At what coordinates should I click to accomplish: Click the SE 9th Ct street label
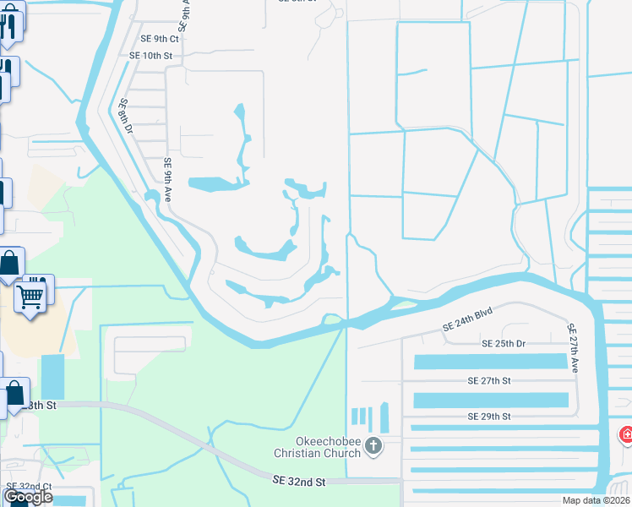click(160, 39)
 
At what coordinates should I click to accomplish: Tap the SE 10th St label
click(150, 56)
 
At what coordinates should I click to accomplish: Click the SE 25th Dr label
click(504, 344)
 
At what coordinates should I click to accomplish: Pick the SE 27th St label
click(489, 381)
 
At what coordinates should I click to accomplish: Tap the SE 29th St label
click(489, 417)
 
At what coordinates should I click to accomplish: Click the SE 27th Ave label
click(573, 347)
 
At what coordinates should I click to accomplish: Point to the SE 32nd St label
click(299, 481)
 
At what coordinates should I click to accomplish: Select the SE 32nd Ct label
click(29, 487)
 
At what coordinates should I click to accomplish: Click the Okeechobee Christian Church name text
click(329, 447)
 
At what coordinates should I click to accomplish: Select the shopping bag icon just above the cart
click(8, 265)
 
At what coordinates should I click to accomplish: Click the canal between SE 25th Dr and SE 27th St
click(490, 362)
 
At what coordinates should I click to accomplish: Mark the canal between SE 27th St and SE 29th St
click(490, 399)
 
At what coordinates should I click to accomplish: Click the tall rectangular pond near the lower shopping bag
click(52, 377)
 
